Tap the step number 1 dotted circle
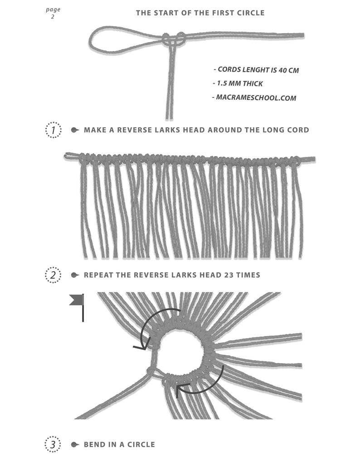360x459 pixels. coord(54,130)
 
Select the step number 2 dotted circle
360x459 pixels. coord(54,275)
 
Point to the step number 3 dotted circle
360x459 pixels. coord(54,444)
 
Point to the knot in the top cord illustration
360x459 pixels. coord(173,39)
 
